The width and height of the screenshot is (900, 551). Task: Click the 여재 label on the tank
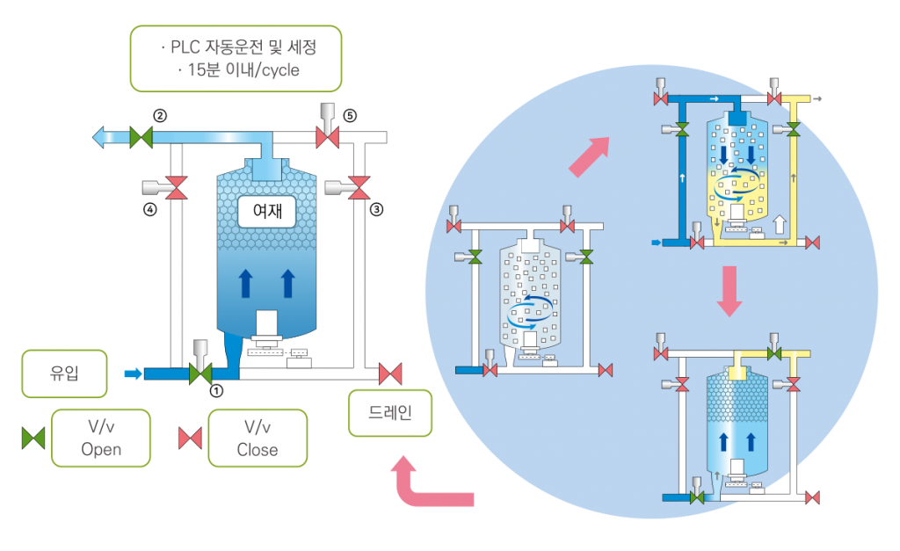point(267,210)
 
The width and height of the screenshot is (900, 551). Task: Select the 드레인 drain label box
point(390,411)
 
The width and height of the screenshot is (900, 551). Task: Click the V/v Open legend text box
point(101,438)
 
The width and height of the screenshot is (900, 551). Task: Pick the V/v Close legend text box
point(258,438)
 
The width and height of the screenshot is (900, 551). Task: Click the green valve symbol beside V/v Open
point(33,438)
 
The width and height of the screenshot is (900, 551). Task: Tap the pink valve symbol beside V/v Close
point(191,438)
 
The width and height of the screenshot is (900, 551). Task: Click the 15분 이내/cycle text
point(236,69)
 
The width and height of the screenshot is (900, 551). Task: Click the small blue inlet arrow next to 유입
point(132,373)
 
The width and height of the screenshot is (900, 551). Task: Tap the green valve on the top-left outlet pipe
point(141,137)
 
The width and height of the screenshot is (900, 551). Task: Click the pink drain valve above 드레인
point(390,373)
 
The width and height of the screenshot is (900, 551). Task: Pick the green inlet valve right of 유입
point(200,373)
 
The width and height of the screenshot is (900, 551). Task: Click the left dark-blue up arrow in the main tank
point(247,283)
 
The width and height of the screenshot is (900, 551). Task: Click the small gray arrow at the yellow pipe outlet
point(818,98)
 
